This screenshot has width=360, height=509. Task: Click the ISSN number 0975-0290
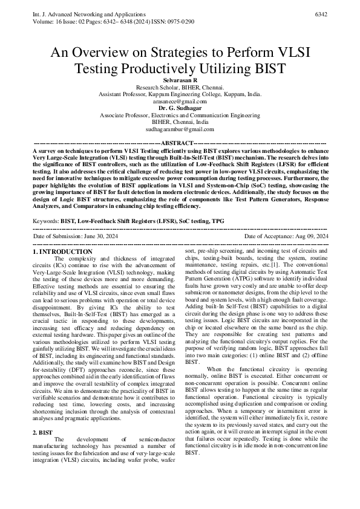click(x=180, y=21)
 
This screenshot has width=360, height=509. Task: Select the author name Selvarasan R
click(x=180, y=80)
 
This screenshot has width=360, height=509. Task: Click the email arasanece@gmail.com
click(x=180, y=102)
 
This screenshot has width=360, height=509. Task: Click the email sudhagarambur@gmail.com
click(x=180, y=129)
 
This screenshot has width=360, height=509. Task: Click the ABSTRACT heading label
click(x=180, y=142)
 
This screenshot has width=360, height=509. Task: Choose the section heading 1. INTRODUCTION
click(x=62, y=250)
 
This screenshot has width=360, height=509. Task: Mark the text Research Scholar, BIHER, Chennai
click(x=180, y=88)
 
